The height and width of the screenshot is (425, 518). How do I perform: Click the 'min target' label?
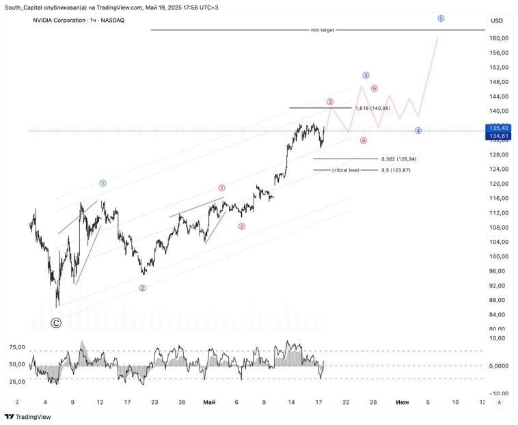tap(323, 30)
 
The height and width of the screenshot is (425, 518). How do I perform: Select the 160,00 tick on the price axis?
tap(497, 38)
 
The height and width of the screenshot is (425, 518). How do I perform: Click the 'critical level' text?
tap(345, 169)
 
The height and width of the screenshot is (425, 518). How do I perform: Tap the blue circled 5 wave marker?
tap(441, 18)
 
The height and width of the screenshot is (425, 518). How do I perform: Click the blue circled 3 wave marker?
tap(366, 75)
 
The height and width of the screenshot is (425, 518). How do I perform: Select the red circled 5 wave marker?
tap(374, 88)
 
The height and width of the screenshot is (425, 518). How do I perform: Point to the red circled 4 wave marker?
tap(364, 140)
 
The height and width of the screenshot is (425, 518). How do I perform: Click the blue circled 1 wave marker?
tap(103, 183)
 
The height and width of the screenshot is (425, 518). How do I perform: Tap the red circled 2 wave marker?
tap(242, 226)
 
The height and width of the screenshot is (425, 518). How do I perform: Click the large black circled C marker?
tap(56, 323)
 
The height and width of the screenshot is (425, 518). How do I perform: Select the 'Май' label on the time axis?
tap(209, 402)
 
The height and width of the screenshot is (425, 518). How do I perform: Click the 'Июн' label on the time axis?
tap(403, 402)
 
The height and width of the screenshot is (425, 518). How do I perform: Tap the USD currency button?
tap(496, 20)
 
